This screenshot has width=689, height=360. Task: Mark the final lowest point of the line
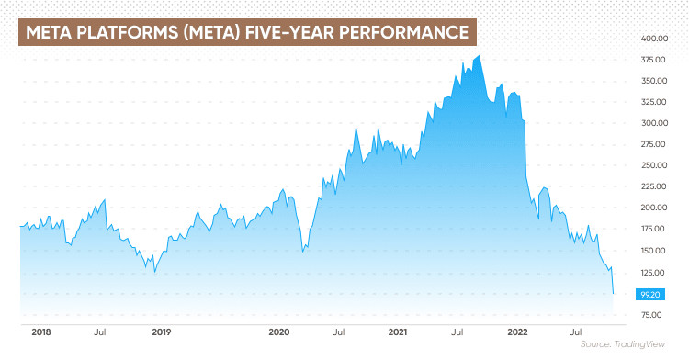[613, 293]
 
